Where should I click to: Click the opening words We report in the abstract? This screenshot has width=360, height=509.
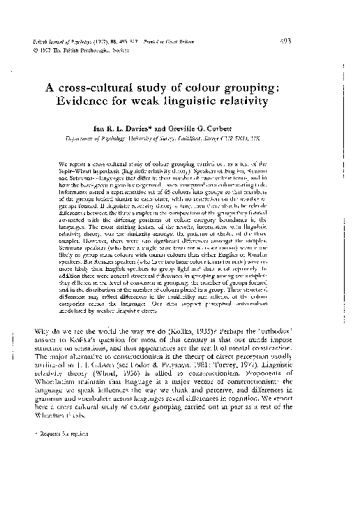coord(83,165)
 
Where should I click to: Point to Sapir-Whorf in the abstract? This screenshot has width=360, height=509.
coord(75,172)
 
